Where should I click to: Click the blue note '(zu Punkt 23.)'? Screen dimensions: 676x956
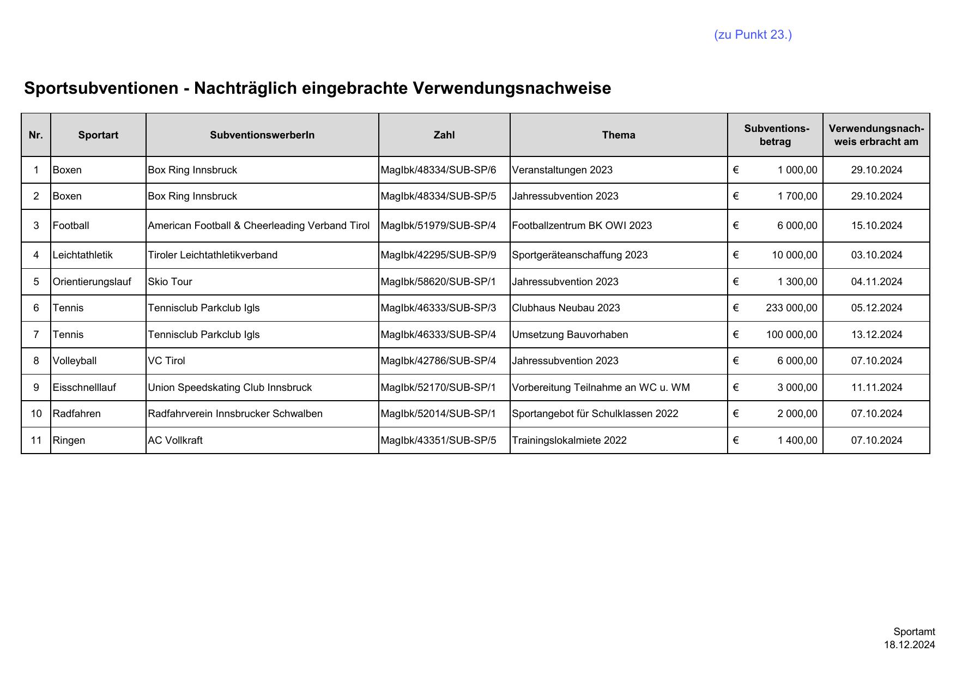[753, 35]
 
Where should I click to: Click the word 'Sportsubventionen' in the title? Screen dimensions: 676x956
[101, 88]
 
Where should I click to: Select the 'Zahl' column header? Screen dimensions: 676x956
[444, 135]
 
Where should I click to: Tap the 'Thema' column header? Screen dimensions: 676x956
[618, 135]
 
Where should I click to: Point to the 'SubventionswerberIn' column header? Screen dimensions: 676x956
[262, 135]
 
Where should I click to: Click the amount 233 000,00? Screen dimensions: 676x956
[791, 308]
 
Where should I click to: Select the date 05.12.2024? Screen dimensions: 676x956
[876, 308]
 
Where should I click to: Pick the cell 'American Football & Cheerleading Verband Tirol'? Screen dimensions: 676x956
[258, 226]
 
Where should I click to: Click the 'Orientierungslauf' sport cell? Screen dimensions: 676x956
[92, 282]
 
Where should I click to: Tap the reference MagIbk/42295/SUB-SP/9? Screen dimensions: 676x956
[438, 255]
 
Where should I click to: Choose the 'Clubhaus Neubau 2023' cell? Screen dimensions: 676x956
[566, 308]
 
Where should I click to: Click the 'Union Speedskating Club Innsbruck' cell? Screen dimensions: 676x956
[229, 388]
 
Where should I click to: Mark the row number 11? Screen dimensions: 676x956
[36, 440]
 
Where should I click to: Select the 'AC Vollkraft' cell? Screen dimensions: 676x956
[175, 440]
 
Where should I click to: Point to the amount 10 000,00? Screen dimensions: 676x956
[794, 255]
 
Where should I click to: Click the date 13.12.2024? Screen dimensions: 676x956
[876, 335]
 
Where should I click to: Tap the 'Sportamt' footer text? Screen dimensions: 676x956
[914, 632]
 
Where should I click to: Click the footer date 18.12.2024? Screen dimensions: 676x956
[909, 645]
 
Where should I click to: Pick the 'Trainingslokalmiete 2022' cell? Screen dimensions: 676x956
[569, 440]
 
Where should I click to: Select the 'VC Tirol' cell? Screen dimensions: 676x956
[166, 361]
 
